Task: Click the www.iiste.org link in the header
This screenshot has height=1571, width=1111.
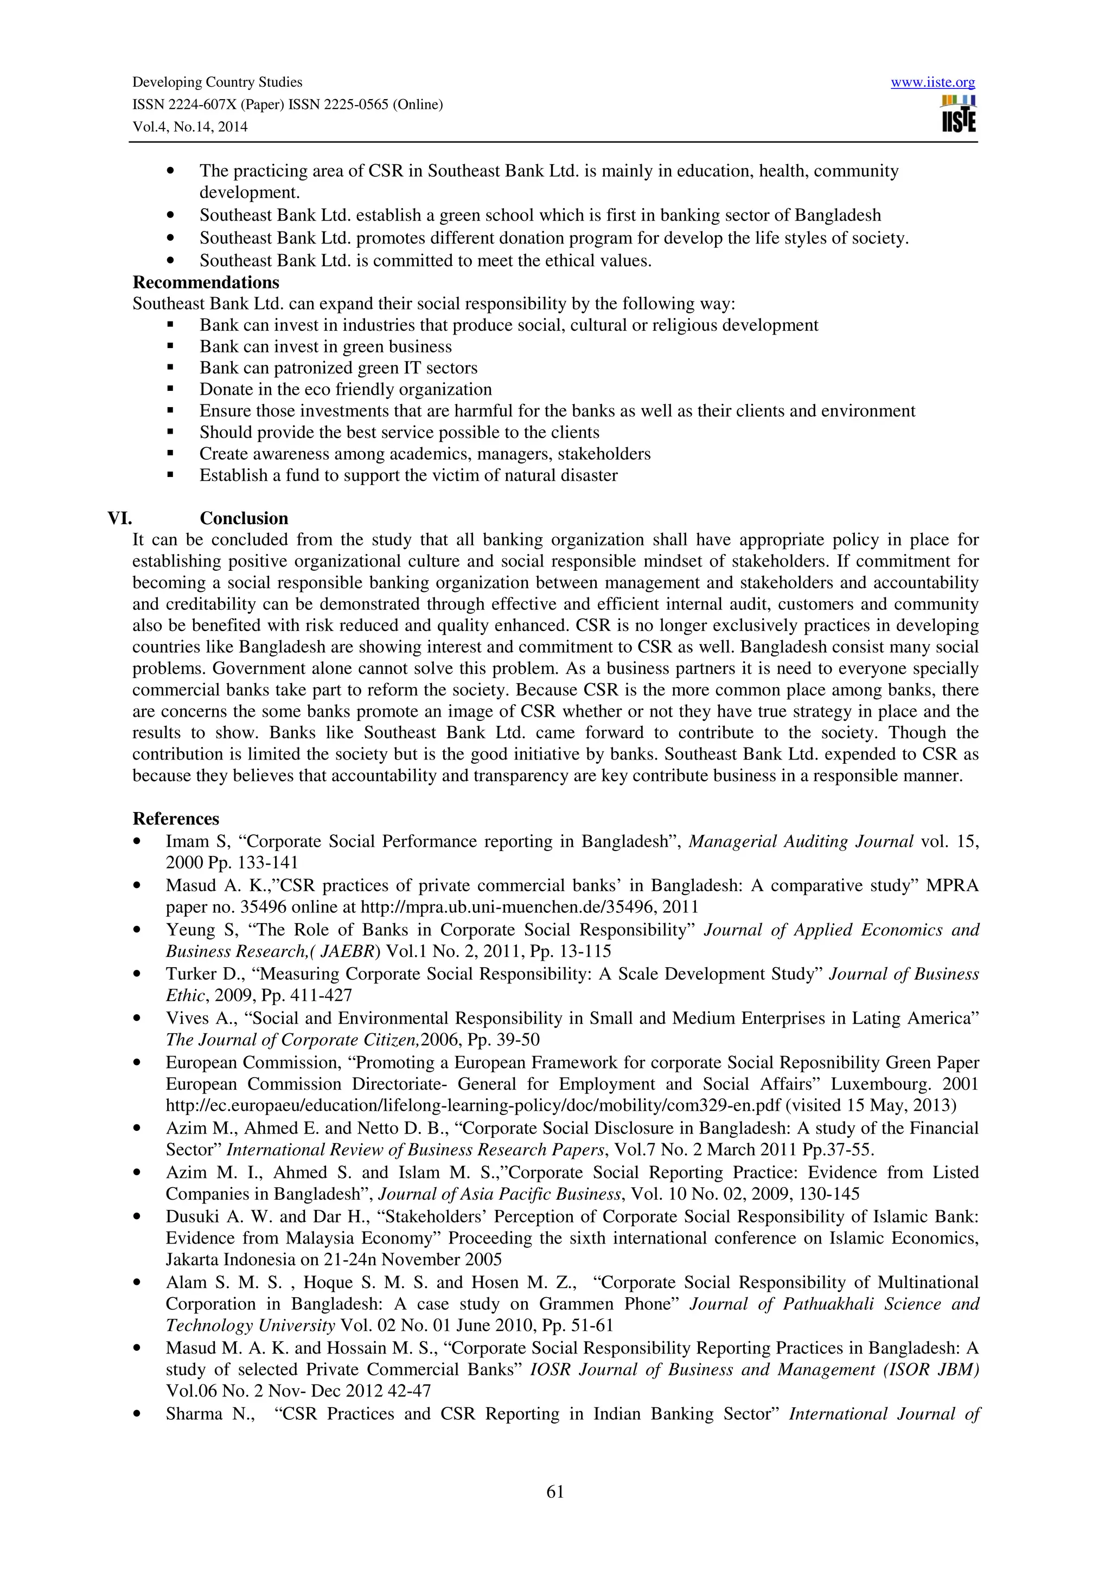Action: [933, 83]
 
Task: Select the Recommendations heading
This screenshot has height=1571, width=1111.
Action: [206, 282]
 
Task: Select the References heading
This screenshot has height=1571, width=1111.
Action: [176, 819]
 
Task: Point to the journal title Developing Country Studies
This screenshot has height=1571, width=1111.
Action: [217, 82]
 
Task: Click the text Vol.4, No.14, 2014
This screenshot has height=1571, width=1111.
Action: [190, 127]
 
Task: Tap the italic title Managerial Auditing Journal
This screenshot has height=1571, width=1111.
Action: [800, 841]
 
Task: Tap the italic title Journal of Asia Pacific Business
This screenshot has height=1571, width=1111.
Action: [499, 1194]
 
